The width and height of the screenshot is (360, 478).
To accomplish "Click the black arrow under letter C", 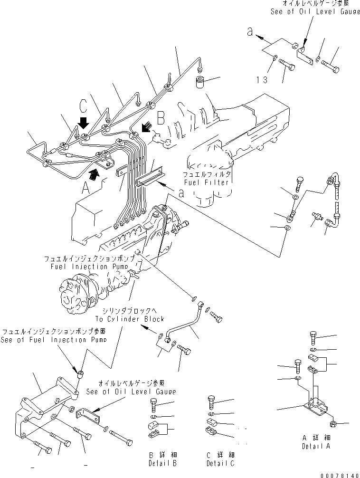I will coord(84,124).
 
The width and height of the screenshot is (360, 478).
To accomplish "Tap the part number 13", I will coord(262,79).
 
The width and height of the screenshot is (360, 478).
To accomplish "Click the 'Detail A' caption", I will coord(315,447).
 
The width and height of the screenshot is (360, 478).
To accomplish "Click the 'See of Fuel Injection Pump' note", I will coord(53,340).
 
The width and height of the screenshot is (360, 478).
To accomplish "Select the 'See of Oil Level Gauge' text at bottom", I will coord(131,392).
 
